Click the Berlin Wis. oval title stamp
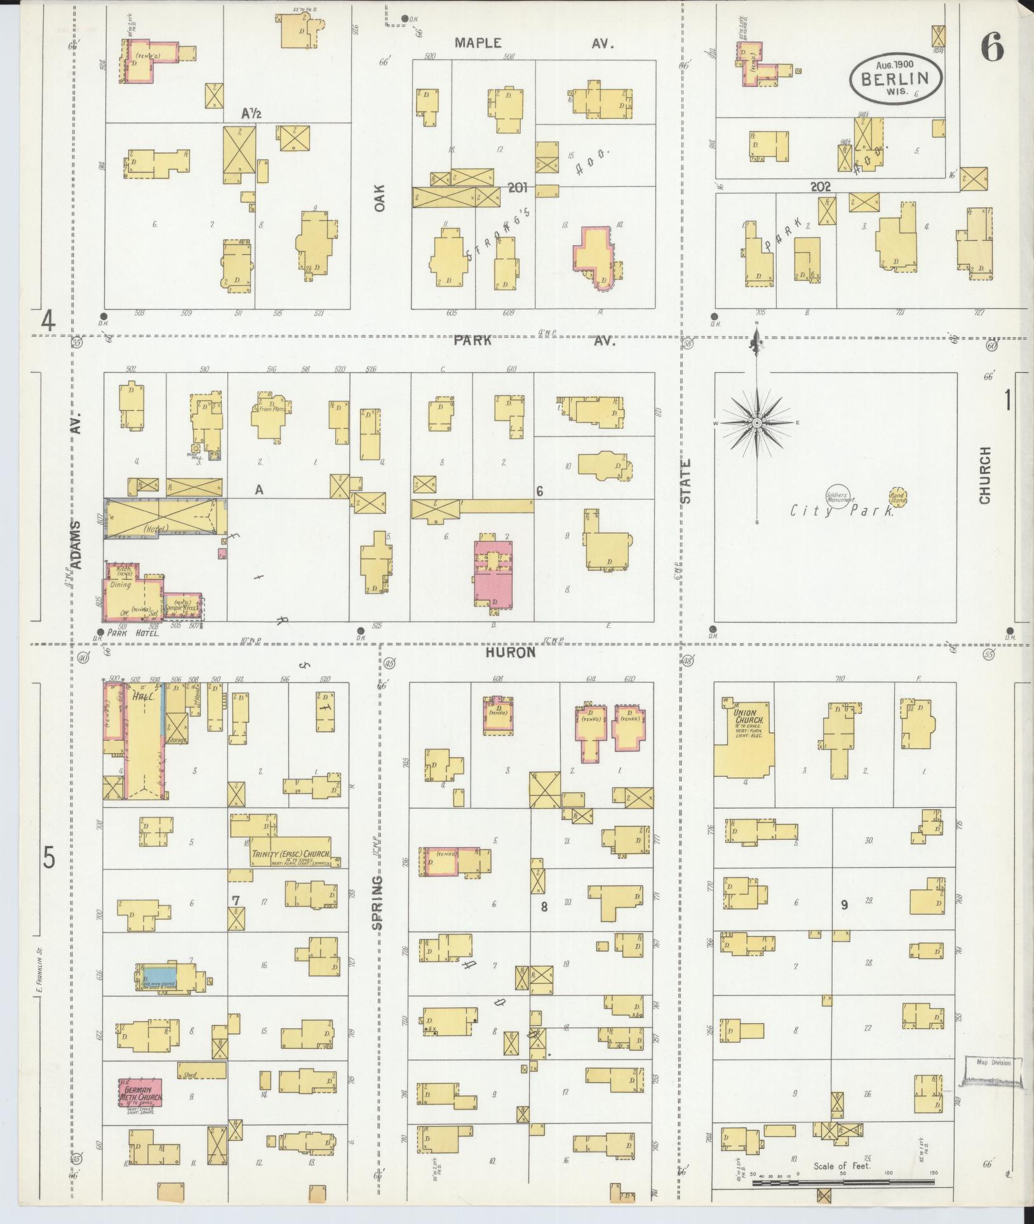coord(896,78)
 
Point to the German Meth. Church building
coord(140,1093)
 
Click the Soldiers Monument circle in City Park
coord(840,496)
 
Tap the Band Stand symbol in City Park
coord(897,497)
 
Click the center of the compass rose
coord(757,422)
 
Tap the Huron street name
coord(511,652)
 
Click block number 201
coord(518,188)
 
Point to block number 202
coord(821,187)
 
